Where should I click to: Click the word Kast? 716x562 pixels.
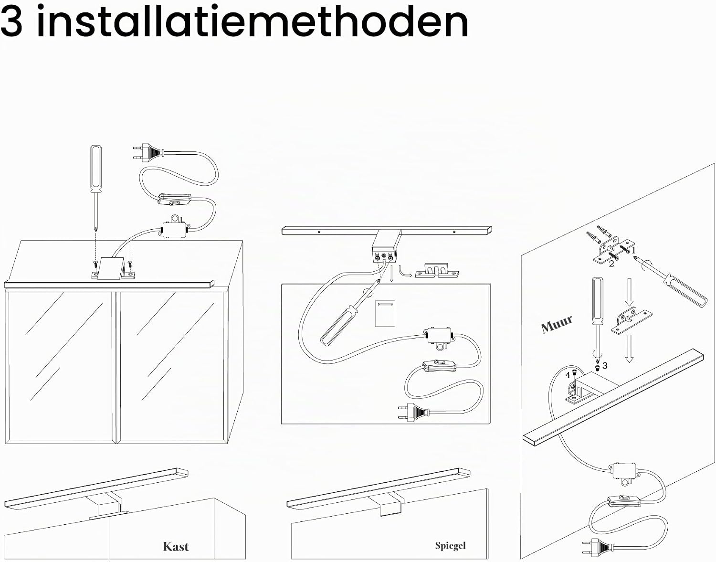[176, 547]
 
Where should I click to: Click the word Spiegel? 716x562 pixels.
[451, 546]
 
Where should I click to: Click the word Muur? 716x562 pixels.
[557, 324]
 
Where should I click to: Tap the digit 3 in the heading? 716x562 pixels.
[12, 22]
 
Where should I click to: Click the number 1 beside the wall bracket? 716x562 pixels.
[633, 251]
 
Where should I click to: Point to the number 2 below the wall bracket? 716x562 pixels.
[611, 264]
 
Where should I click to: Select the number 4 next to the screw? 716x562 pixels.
[568, 375]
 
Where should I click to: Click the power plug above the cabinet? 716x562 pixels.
[148, 152]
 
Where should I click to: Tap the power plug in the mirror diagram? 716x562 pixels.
[414, 413]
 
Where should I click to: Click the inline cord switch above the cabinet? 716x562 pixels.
[174, 199]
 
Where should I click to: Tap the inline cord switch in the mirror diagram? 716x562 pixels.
[439, 366]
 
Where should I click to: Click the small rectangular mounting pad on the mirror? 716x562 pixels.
[385, 313]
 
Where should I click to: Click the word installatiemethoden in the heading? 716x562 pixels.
[253, 22]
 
